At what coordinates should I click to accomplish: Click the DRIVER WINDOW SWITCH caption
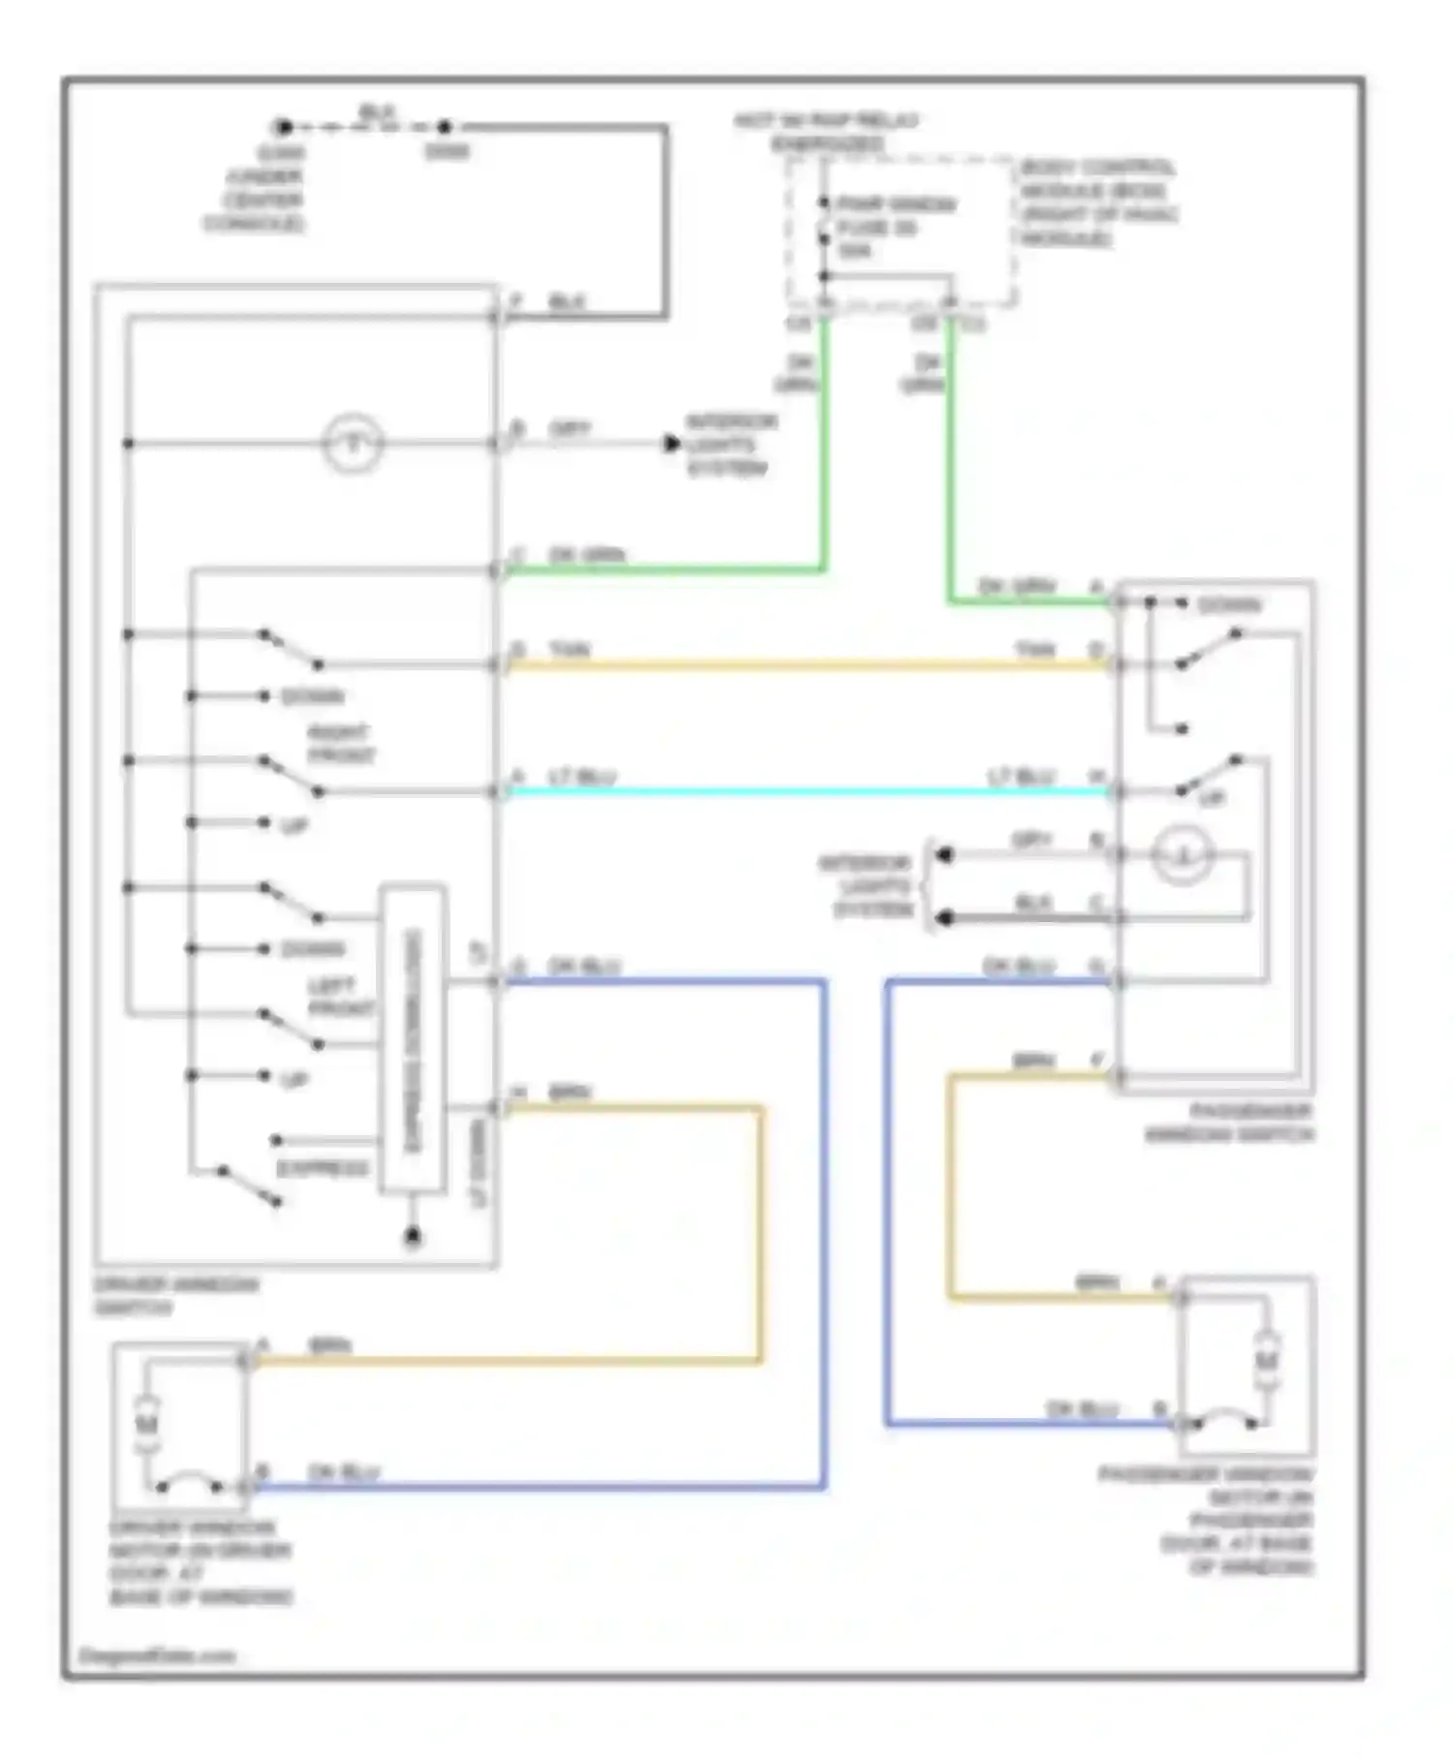click(x=176, y=1296)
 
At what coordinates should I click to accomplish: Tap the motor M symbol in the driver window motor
click(x=147, y=1423)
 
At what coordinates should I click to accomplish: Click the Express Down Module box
click(x=413, y=1038)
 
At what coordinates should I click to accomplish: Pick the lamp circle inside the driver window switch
click(x=353, y=444)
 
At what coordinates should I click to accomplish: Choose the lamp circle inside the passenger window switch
click(x=1182, y=855)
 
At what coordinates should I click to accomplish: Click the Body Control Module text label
click(x=1097, y=201)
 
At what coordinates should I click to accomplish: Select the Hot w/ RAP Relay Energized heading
click(x=826, y=132)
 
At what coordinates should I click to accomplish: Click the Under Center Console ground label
click(x=254, y=188)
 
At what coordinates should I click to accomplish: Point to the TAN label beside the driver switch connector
click(x=570, y=650)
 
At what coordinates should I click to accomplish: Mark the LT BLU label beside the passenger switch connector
click(x=1020, y=777)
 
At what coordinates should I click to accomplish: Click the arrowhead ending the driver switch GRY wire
click(x=671, y=444)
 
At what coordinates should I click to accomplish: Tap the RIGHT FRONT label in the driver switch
click(x=341, y=744)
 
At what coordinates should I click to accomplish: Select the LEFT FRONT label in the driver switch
click(x=340, y=998)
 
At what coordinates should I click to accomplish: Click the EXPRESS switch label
click(x=323, y=1168)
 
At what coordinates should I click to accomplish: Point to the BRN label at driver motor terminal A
click(x=329, y=1345)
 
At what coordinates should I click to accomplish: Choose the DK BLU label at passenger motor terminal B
click(x=1082, y=1408)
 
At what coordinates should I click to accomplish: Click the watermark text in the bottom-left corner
click(x=157, y=1655)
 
